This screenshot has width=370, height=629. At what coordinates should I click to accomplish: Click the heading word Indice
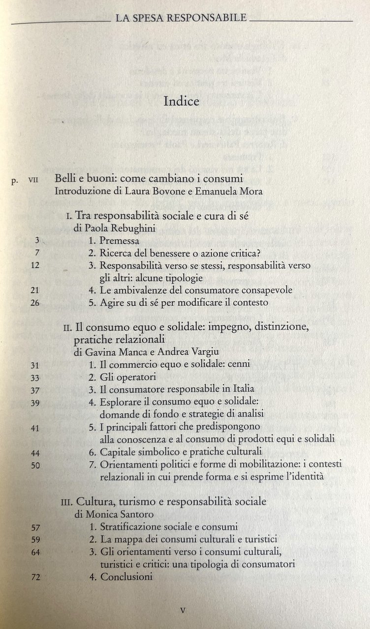click(x=181, y=102)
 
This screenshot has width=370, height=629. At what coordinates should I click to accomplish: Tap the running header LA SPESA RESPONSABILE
click(x=181, y=19)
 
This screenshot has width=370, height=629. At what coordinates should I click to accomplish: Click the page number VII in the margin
click(x=33, y=180)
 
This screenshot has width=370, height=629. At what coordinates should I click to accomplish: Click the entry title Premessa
click(x=120, y=241)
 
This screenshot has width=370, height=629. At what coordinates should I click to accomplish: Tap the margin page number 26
click(x=34, y=303)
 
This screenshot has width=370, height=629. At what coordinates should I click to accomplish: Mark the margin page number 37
click(x=34, y=390)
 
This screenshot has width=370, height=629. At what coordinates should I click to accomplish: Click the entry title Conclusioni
click(x=126, y=577)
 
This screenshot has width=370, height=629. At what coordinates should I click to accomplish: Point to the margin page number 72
click(x=34, y=577)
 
